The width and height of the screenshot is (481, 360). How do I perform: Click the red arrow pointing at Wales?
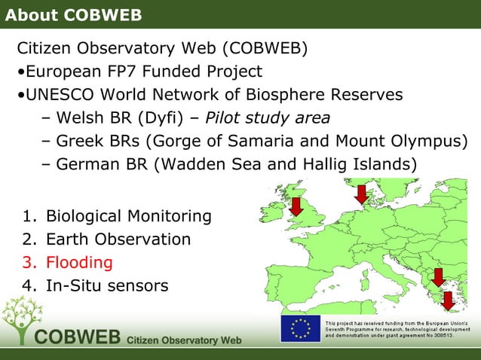pos(296,206)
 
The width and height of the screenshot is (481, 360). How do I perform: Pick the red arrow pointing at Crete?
pos(448,300)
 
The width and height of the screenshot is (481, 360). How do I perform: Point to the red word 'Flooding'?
pos(79,263)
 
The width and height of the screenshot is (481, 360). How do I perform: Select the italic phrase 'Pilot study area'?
pos(268,118)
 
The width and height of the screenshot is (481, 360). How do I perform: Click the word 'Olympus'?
pos(425,141)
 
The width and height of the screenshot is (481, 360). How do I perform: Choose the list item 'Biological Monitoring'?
pos(128,217)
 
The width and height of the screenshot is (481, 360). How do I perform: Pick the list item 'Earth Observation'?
pos(118,240)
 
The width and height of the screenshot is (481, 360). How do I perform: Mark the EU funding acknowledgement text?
pos(400,329)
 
